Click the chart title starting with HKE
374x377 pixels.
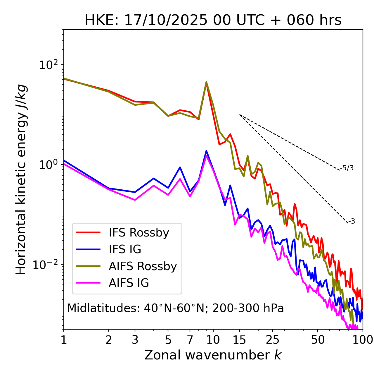[x=213, y=20]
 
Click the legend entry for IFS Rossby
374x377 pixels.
[x=139, y=233]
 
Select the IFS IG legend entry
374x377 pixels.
[x=125, y=249]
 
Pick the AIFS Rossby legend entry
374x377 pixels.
[x=143, y=266]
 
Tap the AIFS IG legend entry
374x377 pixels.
[x=129, y=283]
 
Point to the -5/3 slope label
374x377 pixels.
[x=347, y=168]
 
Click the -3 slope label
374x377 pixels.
[x=351, y=222]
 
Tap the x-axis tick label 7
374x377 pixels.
[x=190, y=340]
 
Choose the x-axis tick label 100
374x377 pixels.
[x=363, y=340]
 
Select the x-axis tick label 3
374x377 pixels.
[x=135, y=340]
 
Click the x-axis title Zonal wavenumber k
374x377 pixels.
[x=213, y=355]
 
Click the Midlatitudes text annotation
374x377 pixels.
[x=175, y=308]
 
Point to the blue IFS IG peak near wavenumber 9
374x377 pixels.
[x=206, y=151]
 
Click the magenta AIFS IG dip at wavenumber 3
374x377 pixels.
[x=135, y=200]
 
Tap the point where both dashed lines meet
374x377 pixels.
[x=240, y=115]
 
